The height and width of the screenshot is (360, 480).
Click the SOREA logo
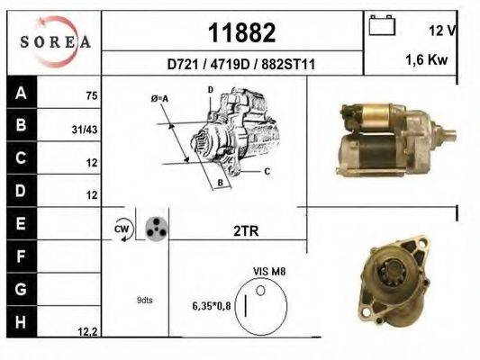(55, 41)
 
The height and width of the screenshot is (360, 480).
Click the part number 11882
(240, 31)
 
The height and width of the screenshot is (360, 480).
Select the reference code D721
(182, 65)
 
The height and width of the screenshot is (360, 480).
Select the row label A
(21, 92)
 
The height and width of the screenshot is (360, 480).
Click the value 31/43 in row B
(85, 129)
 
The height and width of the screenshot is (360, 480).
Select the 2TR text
(245, 230)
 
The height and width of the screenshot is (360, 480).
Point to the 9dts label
(144, 300)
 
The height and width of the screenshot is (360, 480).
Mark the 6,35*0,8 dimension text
(212, 306)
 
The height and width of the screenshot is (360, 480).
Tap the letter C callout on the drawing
(267, 170)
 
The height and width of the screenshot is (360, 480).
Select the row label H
(21, 320)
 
